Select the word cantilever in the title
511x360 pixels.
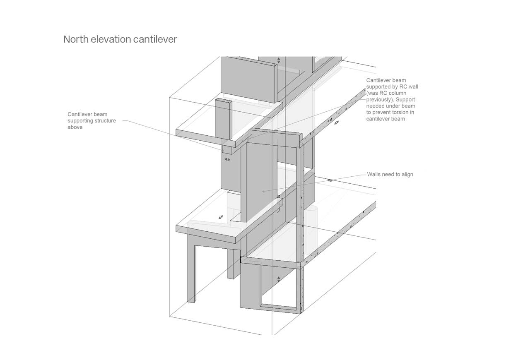tap(155, 39)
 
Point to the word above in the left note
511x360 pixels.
tap(75, 127)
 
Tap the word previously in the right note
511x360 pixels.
tap(380, 100)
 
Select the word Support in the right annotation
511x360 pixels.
tap(405, 100)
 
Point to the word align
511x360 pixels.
tap(407, 175)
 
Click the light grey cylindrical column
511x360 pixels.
tap(311, 230)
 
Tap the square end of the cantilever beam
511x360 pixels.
tap(227, 150)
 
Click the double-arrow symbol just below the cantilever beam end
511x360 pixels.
tap(227, 160)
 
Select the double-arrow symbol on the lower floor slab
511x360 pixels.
tap(221, 217)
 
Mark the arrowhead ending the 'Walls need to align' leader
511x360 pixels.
tap(263, 192)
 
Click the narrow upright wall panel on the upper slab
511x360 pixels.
tap(224, 119)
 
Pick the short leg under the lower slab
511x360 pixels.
tap(231, 264)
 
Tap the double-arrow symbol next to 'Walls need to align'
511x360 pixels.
tap(330, 180)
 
